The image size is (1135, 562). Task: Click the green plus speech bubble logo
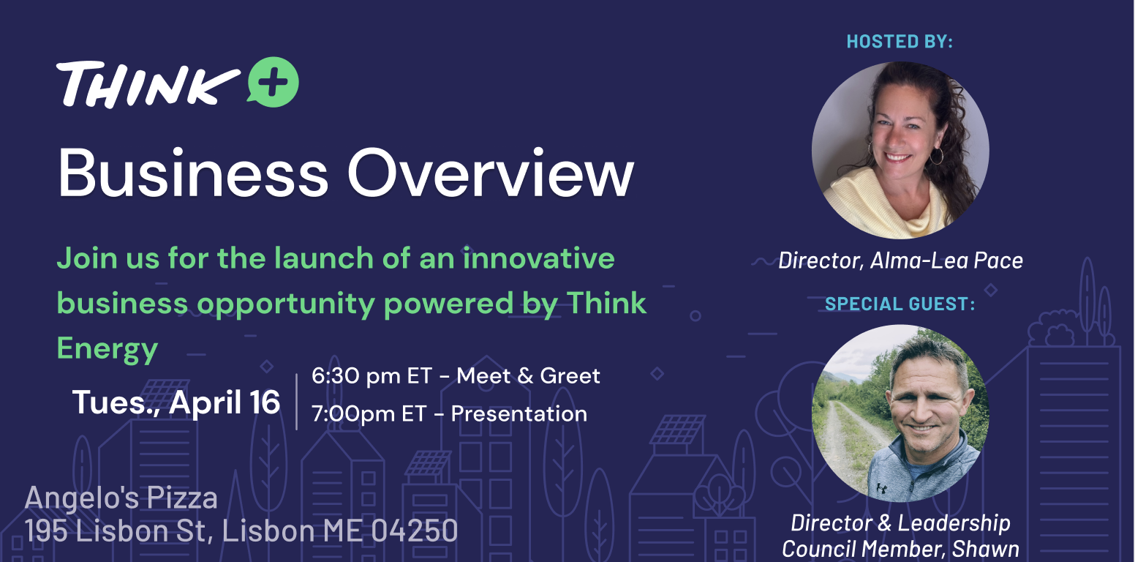point(274,82)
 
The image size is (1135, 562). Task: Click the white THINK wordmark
point(148,84)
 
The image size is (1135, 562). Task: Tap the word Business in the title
point(193,173)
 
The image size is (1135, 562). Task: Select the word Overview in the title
point(491,173)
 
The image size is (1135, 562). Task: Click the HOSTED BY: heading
point(900,42)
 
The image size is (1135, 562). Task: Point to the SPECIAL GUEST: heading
point(900,304)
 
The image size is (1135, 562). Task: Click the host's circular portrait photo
point(900,150)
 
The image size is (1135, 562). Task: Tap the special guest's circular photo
point(900,413)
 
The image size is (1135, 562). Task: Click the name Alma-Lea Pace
point(946,261)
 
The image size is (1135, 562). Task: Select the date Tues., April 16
point(176,402)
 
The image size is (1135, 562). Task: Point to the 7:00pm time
point(353,414)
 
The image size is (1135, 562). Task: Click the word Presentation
point(519,414)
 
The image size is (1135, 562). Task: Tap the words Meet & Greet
point(528,376)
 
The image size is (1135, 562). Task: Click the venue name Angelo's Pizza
point(121,498)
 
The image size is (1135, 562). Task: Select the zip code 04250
point(414,531)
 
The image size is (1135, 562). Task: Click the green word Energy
point(108,350)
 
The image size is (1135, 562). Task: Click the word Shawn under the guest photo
point(986,550)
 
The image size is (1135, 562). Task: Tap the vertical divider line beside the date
point(296,402)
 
